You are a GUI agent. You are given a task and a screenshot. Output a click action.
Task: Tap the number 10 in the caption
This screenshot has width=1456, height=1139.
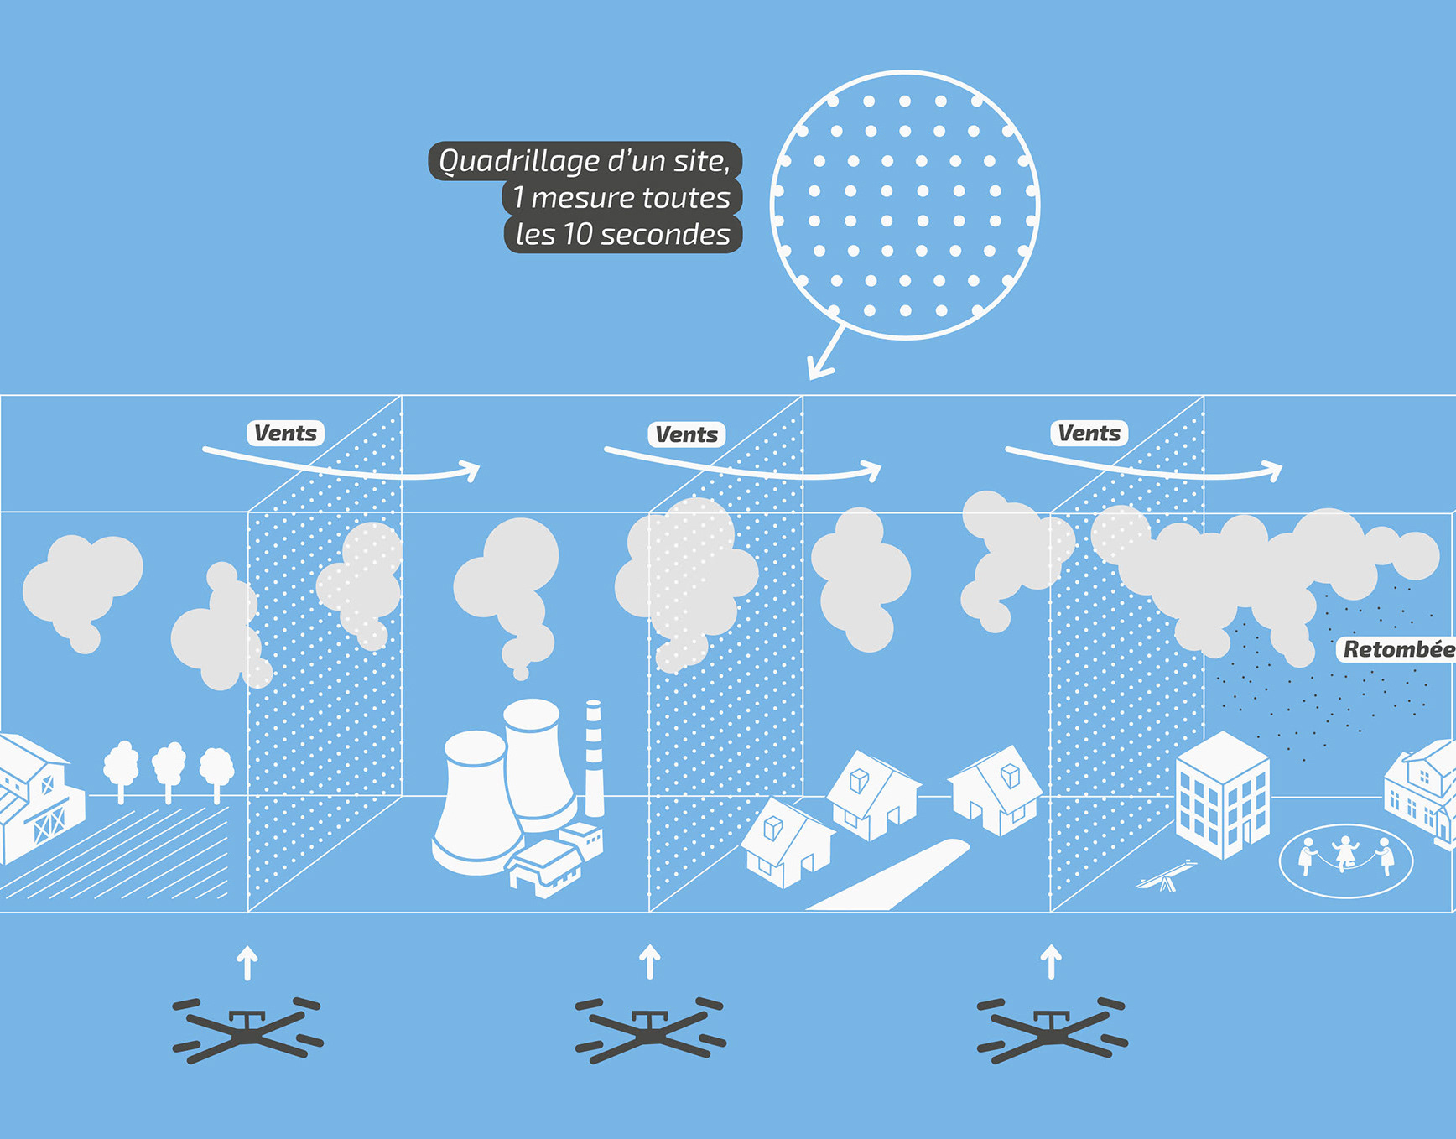click(578, 235)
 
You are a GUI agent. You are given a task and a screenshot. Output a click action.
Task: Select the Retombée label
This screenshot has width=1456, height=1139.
click(1397, 649)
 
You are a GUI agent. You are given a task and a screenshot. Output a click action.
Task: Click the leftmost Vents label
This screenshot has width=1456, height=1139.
click(285, 434)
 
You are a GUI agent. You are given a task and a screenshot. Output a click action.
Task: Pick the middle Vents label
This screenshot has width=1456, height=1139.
click(686, 434)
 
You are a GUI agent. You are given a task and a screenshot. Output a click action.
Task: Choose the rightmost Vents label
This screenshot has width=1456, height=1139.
click(1089, 434)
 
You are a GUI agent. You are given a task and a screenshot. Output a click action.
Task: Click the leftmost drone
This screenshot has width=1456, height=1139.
click(247, 1030)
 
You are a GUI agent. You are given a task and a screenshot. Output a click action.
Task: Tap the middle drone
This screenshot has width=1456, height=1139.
click(650, 1030)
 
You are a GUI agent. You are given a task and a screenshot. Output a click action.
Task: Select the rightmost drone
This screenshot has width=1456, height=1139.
click(1052, 1030)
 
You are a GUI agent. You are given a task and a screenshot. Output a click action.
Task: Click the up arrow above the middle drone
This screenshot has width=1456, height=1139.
click(650, 962)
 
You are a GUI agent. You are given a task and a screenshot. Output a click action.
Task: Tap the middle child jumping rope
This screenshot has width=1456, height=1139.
click(1345, 852)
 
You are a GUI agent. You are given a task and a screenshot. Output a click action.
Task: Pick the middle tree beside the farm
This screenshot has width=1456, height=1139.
click(169, 767)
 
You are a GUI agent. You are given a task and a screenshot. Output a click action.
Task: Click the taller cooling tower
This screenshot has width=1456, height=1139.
click(537, 759)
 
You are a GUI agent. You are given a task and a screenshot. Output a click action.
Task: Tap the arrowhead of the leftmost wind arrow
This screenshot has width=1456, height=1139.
click(471, 471)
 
